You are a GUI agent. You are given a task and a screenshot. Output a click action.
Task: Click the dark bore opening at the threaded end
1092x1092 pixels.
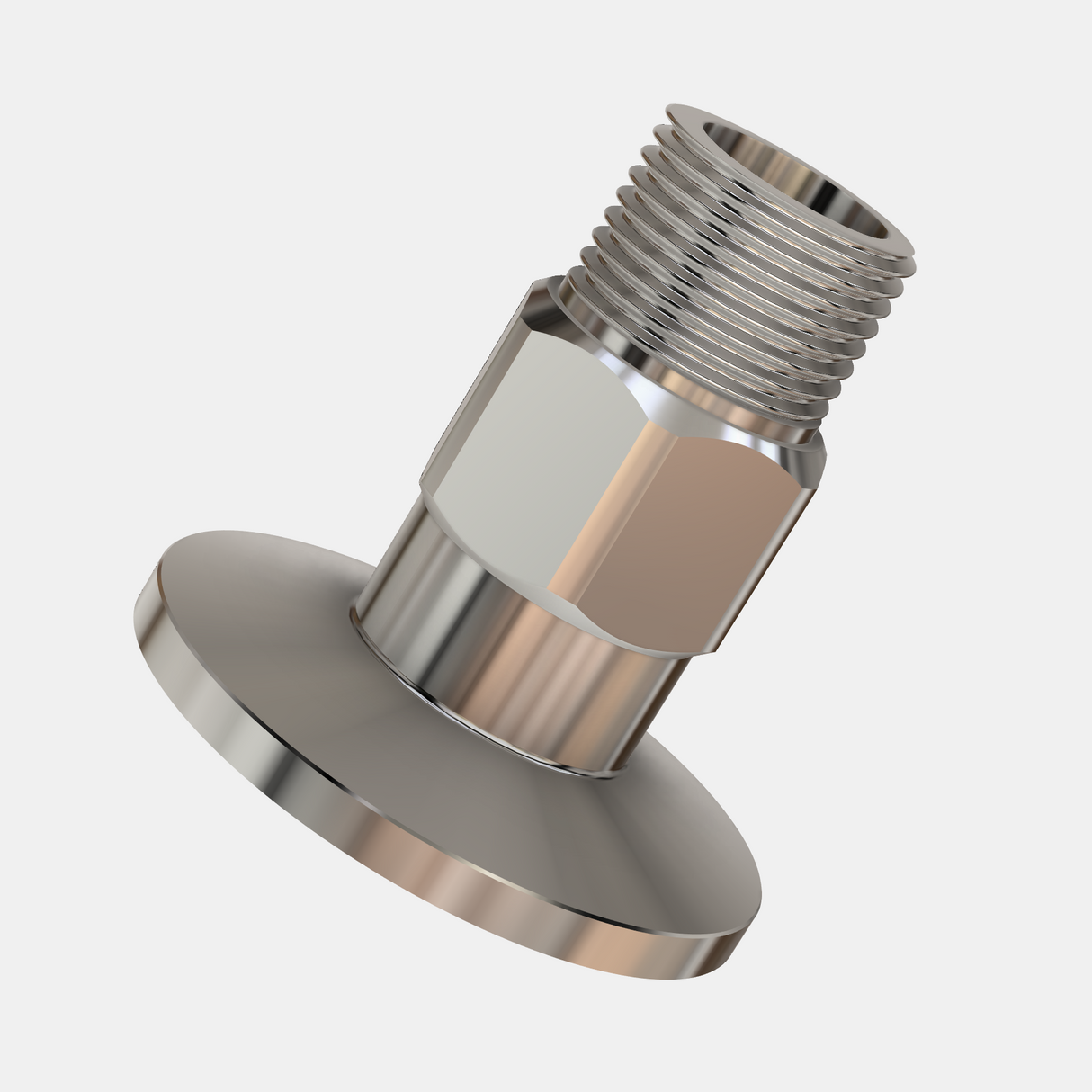point(796,166)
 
